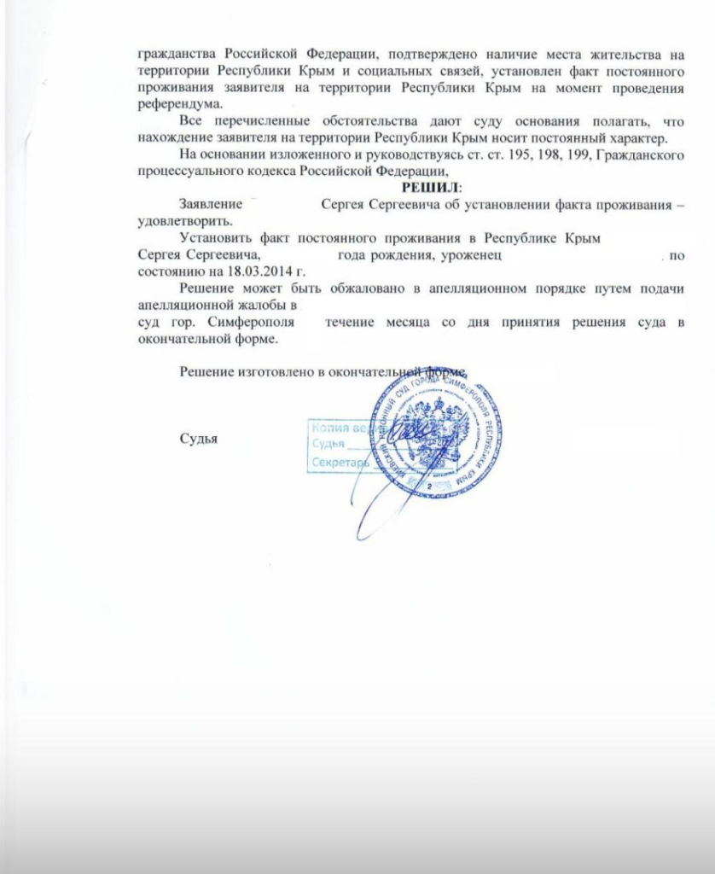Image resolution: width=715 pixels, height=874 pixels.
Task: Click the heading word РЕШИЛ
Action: tap(430, 187)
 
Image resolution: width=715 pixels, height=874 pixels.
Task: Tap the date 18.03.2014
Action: tap(253, 271)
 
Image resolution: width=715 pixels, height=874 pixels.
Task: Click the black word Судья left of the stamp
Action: tap(199, 438)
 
